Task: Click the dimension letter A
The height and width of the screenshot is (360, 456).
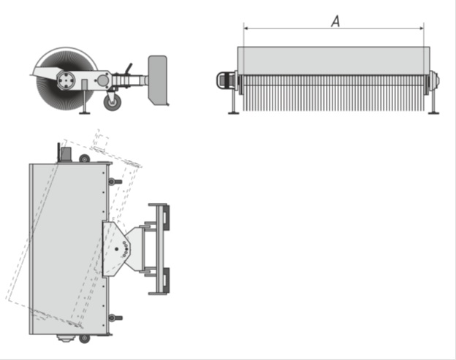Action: point(335,21)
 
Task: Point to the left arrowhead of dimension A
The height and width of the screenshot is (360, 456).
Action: point(246,28)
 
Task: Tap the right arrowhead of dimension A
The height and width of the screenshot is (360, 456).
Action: point(422,28)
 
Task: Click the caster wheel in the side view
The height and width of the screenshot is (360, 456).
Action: point(113,102)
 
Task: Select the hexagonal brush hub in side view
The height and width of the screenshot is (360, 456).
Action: point(66,80)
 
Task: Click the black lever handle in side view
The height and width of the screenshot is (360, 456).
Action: point(128,69)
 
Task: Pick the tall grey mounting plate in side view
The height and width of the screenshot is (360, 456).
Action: point(158,80)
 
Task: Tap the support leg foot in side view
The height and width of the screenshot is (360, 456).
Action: point(85,112)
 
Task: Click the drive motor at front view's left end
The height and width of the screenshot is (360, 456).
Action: point(226,80)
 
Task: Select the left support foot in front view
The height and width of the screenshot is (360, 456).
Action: point(234,112)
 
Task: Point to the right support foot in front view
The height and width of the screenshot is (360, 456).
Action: point(433,112)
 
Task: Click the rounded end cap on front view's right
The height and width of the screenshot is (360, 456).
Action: point(435,80)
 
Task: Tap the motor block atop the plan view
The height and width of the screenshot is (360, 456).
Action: point(66,154)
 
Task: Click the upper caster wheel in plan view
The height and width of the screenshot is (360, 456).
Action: point(84,158)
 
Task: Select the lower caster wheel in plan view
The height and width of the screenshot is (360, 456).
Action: point(84,339)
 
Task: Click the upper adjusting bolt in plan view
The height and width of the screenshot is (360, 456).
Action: point(115,182)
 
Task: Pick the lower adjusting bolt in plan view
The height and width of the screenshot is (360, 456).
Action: point(115,318)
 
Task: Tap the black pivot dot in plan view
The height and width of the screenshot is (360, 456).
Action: point(117,249)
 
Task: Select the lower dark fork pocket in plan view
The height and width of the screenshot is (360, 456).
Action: point(165,280)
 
